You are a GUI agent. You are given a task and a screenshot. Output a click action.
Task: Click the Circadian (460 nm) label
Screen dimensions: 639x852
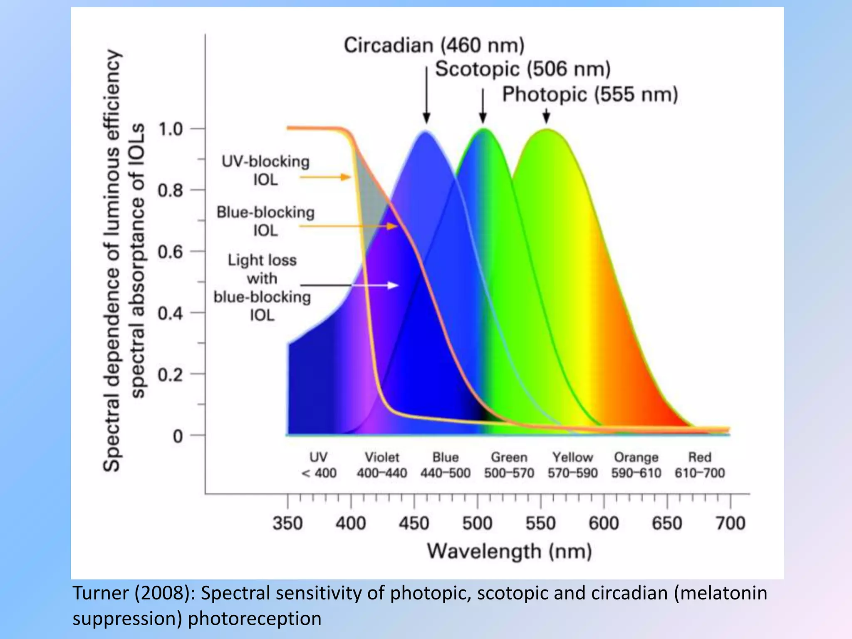[x=434, y=45]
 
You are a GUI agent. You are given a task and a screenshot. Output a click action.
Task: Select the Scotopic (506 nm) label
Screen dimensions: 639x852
[x=523, y=69]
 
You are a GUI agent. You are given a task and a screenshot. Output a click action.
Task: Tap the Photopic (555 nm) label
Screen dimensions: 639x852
[x=590, y=94]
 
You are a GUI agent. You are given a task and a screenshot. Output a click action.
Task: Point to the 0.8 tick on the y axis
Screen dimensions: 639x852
[x=171, y=191]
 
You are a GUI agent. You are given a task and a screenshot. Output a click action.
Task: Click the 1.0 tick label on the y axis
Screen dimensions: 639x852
[x=171, y=129]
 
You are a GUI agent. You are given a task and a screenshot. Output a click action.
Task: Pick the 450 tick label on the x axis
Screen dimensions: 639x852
[x=414, y=523]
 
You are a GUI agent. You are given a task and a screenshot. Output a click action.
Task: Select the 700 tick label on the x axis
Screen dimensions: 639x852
[x=731, y=523]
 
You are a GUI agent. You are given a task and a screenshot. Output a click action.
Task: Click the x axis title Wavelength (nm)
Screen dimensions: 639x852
[x=509, y=552]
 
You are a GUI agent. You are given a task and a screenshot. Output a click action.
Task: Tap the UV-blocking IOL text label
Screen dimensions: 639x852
[x=265, y=171]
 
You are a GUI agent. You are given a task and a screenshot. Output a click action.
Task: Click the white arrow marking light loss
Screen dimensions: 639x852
[x=392, y=285]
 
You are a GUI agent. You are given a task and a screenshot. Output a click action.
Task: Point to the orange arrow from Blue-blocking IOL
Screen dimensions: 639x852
[x=391, y=226]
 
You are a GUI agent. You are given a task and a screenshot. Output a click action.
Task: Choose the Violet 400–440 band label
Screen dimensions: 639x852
[x=381, y=465]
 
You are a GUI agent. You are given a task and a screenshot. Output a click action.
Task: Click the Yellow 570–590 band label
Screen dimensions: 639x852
[x=572, y=465]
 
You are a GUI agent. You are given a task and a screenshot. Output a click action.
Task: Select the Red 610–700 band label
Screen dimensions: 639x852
[x=700, y=465]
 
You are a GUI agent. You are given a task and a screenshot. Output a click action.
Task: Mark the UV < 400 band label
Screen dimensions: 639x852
[x=318, y=465]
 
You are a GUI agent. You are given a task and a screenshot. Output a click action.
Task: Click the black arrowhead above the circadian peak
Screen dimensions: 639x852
[x=426, y=118]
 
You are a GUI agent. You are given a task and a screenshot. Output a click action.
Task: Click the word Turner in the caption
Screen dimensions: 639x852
[x=101, y=593]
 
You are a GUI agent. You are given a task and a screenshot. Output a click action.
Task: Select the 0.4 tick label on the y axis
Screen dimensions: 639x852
[x=171, y=313]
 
